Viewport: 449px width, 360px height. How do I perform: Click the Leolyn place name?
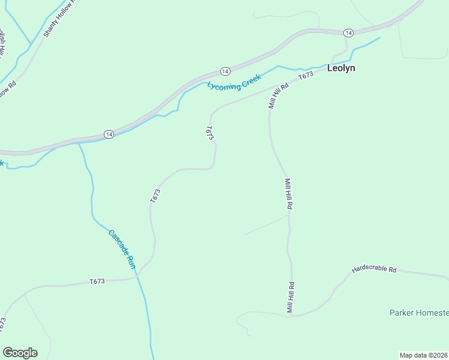[x=341, y=68]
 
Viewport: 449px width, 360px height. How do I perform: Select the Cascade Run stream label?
[x=122, y=249]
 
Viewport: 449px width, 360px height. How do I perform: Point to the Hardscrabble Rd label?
[x=375, y=270]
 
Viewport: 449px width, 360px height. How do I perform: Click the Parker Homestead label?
[x=419, y=313]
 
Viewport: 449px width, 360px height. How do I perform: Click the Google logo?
[x=20, y=353]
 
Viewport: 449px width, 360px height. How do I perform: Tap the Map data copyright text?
[x=423, y=355]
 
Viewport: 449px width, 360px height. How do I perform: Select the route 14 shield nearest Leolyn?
[x=348, y=32]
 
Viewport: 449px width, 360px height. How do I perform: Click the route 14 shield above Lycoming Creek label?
[x=224, y=71]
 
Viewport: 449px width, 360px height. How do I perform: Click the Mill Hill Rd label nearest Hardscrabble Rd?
[x=290, y=298]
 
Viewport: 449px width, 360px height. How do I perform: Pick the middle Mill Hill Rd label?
[x=289, y=193]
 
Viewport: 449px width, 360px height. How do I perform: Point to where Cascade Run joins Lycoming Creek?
[x=79, y=143]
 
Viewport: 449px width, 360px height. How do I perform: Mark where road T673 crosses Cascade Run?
[x=138, y=276]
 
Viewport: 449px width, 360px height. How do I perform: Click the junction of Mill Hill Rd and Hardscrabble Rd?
[x=291, y=316]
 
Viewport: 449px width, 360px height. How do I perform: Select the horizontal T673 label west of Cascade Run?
[x=97, y=281]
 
